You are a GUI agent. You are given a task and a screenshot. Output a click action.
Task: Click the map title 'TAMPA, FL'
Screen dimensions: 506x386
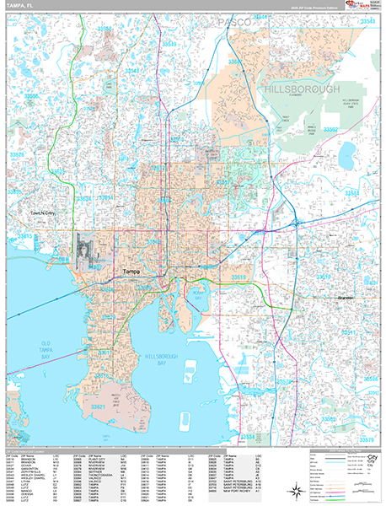[x=21, y=7]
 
